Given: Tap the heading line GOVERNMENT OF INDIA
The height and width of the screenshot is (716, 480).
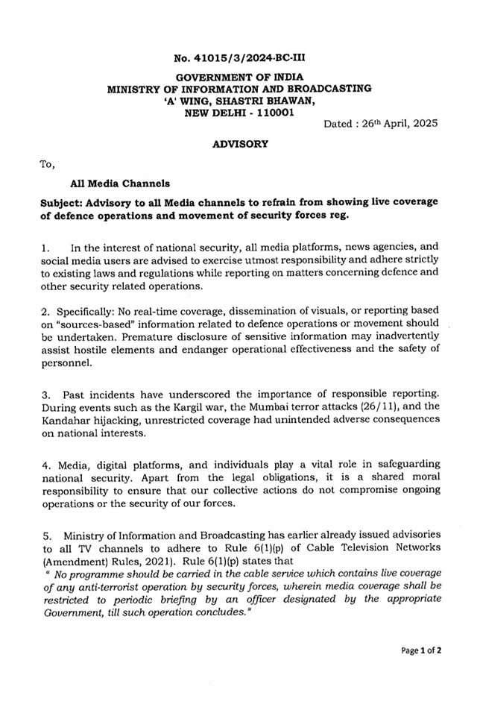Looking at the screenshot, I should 239,78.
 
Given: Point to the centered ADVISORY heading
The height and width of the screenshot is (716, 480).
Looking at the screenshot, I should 240,144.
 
